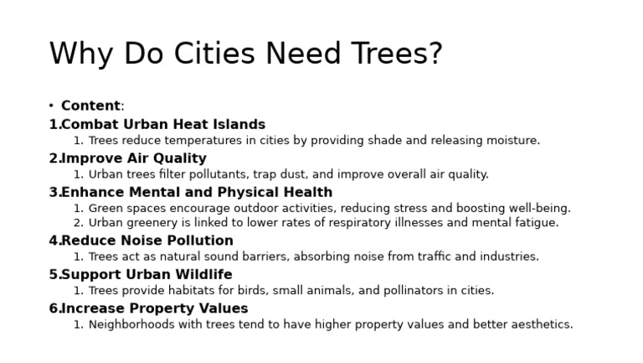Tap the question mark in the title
pyautogui.click(x=434, y=54)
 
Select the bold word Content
pyautogui.click(x=90, y=106)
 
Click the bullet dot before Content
pyautogui.click(x=51, y=106)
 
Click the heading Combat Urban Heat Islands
pyautogui.click(x=163, y=124)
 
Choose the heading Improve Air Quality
pyautogui.click(x=134, y=158)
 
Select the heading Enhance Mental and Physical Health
pyautogui.click(x=197, y=192)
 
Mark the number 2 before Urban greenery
pyautogui.click(x=77, y=223)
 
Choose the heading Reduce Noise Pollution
pyautogui.click(x=147, y=241)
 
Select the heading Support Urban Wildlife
pyautogui.click(x=147, y=274)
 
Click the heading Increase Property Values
pyautogui.click(x=155, y=308)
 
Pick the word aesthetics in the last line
pyautogui.click(x=542, y=324)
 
